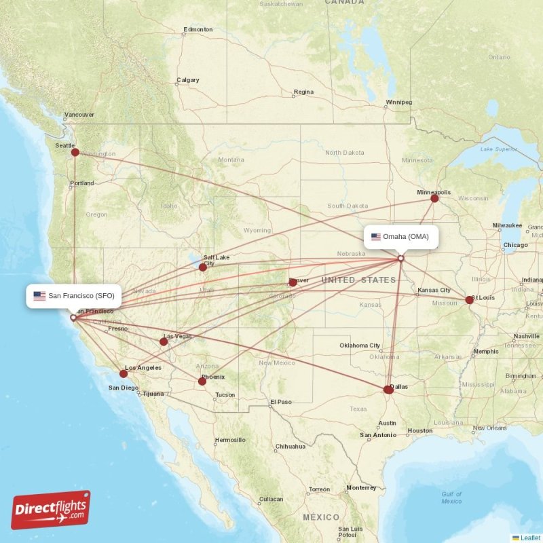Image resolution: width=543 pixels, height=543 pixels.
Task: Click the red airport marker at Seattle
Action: [x=75, y=153]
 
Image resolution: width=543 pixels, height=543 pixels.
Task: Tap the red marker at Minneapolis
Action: [x=434, y=198]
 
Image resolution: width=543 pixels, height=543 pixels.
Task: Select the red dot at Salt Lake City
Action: [x=202, y=267]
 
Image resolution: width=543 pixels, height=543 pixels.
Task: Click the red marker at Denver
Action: [x=293, y=282]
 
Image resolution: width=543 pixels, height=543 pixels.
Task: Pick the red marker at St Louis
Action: [x=469, y=299]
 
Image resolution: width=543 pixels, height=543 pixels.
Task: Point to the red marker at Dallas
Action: [x=388, y=390]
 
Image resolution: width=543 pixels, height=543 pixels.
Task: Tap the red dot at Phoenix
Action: [x=202, y=381]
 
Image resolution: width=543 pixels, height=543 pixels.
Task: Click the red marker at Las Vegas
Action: [x=164, y=341]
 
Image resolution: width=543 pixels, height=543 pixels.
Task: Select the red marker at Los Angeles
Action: [x=124, y=373]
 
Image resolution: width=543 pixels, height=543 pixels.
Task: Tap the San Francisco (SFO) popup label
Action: [x=74, y=296]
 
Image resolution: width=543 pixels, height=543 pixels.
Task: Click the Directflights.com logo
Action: [x=51, y=510]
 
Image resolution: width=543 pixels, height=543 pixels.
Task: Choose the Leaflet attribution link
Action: [x=530, y=538]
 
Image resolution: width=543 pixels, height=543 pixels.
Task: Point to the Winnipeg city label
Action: [x=398, y=102]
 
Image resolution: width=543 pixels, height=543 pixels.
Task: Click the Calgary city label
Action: [x=188, y=80]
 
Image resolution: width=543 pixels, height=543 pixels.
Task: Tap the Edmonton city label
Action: [x=198, y=30]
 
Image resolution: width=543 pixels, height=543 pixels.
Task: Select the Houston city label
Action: [x=420, y=430]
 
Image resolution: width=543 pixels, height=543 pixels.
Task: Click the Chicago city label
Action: [x=516, y=244]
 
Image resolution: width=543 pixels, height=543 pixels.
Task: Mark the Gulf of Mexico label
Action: [x=451, y=498]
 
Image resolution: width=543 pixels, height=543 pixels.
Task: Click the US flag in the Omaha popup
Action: [x=376, y=237]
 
